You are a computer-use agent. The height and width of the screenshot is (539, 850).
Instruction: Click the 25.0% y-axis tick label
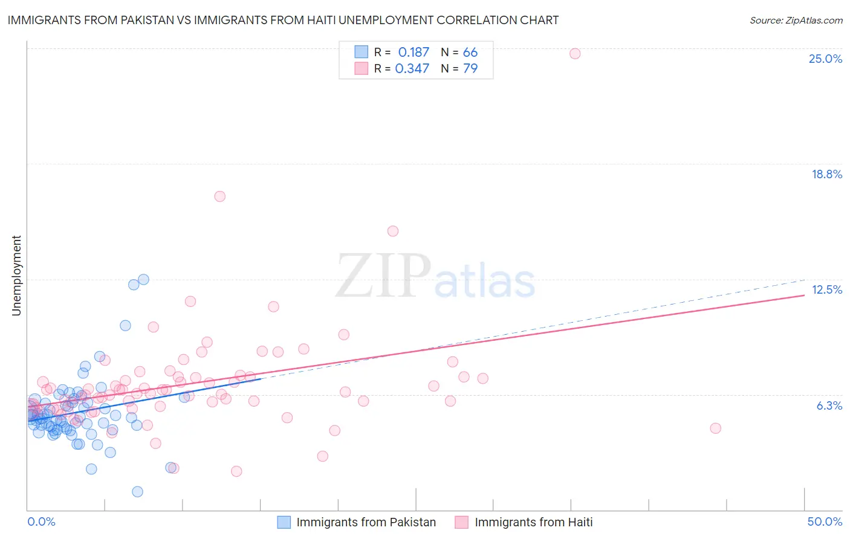coord(825,59)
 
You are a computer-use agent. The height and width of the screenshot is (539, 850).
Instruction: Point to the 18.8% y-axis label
coord(826,174)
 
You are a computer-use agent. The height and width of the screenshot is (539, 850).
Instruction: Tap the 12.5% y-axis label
coord(826,289)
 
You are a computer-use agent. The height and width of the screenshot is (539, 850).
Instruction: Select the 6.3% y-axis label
coord(829,405)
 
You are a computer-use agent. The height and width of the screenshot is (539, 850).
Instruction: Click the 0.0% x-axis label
coord(41,521)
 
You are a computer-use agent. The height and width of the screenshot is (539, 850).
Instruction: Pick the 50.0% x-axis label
coord(825,521)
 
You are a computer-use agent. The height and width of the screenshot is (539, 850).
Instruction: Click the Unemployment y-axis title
coord(16,276)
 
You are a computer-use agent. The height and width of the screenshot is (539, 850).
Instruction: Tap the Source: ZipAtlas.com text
coord(796,20)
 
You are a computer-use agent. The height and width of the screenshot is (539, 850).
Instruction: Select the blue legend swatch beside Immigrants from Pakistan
coord(284,522)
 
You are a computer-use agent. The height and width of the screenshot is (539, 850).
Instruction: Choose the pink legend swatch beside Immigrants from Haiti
coord(462,522)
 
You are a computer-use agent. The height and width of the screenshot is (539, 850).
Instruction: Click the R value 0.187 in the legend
coord(414,53)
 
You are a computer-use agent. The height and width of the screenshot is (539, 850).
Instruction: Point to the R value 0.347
coord(412,69)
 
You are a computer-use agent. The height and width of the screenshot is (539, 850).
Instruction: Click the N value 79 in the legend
coord(470,69)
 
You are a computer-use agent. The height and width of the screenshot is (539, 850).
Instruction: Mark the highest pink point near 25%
coord(575,54)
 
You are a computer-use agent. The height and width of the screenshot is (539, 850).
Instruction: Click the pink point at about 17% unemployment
coord(220,196)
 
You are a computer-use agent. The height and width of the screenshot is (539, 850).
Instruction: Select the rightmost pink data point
coord(715,428)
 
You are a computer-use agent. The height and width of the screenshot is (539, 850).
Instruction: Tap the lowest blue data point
coord(137,492)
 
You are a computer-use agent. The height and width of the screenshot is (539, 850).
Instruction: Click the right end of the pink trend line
coord(804,295)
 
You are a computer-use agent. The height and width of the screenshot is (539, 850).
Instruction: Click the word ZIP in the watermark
coord(383,277)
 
